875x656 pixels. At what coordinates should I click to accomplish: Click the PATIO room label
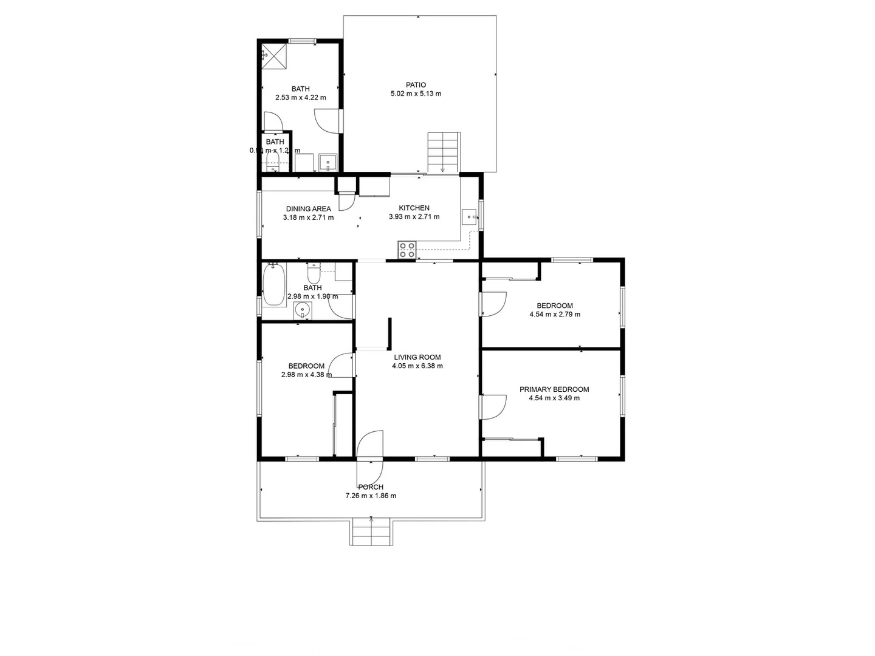[x=416, y=85]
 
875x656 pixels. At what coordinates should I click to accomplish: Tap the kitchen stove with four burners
[x=407, y=250]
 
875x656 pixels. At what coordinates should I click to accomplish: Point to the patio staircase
[x=442, y=152]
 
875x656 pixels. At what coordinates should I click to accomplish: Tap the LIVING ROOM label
[x=417, y=357]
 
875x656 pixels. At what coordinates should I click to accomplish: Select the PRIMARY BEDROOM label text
[x=554, y=389]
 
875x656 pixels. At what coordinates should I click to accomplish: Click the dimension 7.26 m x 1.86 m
[x=371, y=496]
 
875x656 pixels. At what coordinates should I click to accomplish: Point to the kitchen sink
[x=470, y=216]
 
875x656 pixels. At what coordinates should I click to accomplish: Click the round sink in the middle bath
[x=303, y=311]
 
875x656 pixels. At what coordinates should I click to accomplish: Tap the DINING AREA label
[x=309, y=209]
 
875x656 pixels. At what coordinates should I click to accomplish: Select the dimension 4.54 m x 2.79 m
[x=555, y=315]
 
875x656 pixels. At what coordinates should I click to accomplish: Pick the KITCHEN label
[x=414, y=208]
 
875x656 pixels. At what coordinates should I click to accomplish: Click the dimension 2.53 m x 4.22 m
[x=300, y=97]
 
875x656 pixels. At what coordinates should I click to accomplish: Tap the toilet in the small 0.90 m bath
[x=273, y=160]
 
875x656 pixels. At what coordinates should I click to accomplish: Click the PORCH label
[x=371, y=487]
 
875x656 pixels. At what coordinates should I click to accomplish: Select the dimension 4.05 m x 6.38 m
[x=417, y=366]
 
